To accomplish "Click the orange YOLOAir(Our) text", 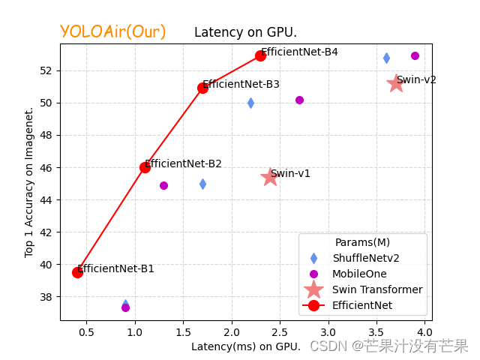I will point(112,31).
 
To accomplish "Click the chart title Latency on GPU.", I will point(245,33).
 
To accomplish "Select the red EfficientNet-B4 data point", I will point(260,55).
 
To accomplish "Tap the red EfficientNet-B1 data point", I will point(77,272).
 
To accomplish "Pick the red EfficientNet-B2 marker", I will point(145,167).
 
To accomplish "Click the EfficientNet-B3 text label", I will point(241,84).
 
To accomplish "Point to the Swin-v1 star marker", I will point(270,177).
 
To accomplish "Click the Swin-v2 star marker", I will point(396,83).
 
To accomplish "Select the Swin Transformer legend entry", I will point(377,289).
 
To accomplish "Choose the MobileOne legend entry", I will point(359,274).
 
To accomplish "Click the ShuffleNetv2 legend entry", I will point(365,258).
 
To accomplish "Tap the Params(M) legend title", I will point(362,242).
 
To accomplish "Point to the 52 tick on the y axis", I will point(49,70).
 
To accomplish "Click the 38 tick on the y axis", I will point(49,297).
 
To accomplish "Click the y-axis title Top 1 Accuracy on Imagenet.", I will point(29,182).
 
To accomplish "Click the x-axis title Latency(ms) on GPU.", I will point(245,346).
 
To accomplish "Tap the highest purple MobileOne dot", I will point(415,55).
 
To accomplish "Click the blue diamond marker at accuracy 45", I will point(202,184).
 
